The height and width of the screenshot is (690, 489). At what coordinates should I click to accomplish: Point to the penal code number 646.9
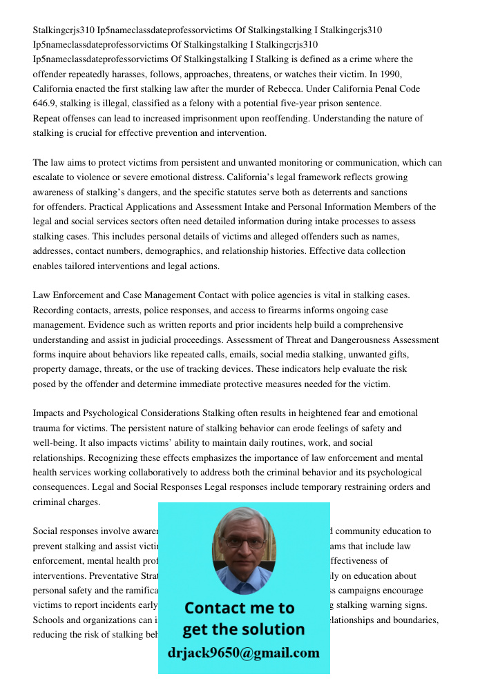[x=46, y=103]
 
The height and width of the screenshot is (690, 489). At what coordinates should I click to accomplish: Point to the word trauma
[x=47, y=428]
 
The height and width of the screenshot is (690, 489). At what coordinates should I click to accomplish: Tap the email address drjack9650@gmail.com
[x=244, y=653]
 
